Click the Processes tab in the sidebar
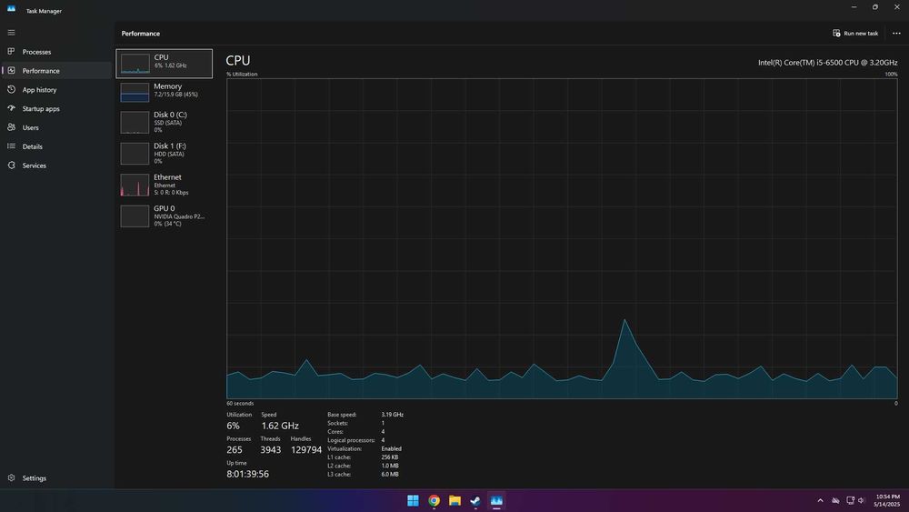coord(36,52)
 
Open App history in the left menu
coord(39,90)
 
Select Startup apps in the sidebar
coord(41,109)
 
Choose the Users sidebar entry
coord(30,128)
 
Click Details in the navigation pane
coord(32,146)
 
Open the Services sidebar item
coord(34,166)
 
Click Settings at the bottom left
coord(34,478)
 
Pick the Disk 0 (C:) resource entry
coord(164,122)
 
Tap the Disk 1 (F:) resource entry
coord(164,153)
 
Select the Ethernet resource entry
coord(164,185)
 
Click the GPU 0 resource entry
coord(164,216)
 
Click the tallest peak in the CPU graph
coord(624,320)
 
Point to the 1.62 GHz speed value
coord(280,426)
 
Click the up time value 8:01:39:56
coord(247,474)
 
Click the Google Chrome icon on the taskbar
coord(434,500)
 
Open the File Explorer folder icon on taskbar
coord(454,500)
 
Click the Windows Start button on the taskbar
coord(413,500)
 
